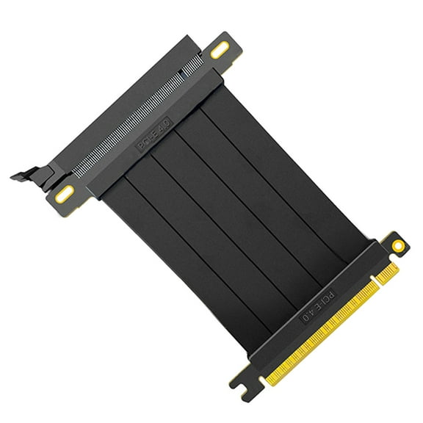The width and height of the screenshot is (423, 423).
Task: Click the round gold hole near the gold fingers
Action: click(x=397, y=245)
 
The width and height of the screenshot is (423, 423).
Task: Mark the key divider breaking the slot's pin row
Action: click(x=181, y=74)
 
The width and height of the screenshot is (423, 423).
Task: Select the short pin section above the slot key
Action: click(x=193, y=64)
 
